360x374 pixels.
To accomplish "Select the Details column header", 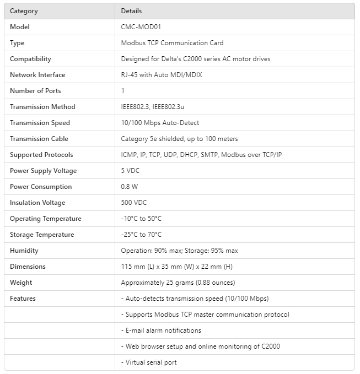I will click(131, 11).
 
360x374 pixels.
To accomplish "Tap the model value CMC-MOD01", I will click(141, 27).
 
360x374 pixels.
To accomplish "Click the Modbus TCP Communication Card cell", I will click(172, 43).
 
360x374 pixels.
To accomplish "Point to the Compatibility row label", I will click(30, 59).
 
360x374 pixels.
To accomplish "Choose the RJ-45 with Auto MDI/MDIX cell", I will click(162, 75).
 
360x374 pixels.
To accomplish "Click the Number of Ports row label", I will click(35, 91).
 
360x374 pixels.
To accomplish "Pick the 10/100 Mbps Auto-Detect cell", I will click(160, 123).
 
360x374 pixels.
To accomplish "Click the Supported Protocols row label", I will click(41, 155).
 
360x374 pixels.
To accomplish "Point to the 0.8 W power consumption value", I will click(130, 187).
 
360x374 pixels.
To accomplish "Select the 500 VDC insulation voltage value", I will click(134, 203).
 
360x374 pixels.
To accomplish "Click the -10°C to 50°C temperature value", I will click(141, 219).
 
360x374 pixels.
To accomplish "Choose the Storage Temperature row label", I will click(42, 235).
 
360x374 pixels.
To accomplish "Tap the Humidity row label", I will click(24, 251).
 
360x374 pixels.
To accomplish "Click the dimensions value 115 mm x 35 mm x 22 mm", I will click(177, 267).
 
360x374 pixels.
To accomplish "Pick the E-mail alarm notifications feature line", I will click(161, 330).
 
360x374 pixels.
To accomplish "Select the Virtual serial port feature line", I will click(149, 362).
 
